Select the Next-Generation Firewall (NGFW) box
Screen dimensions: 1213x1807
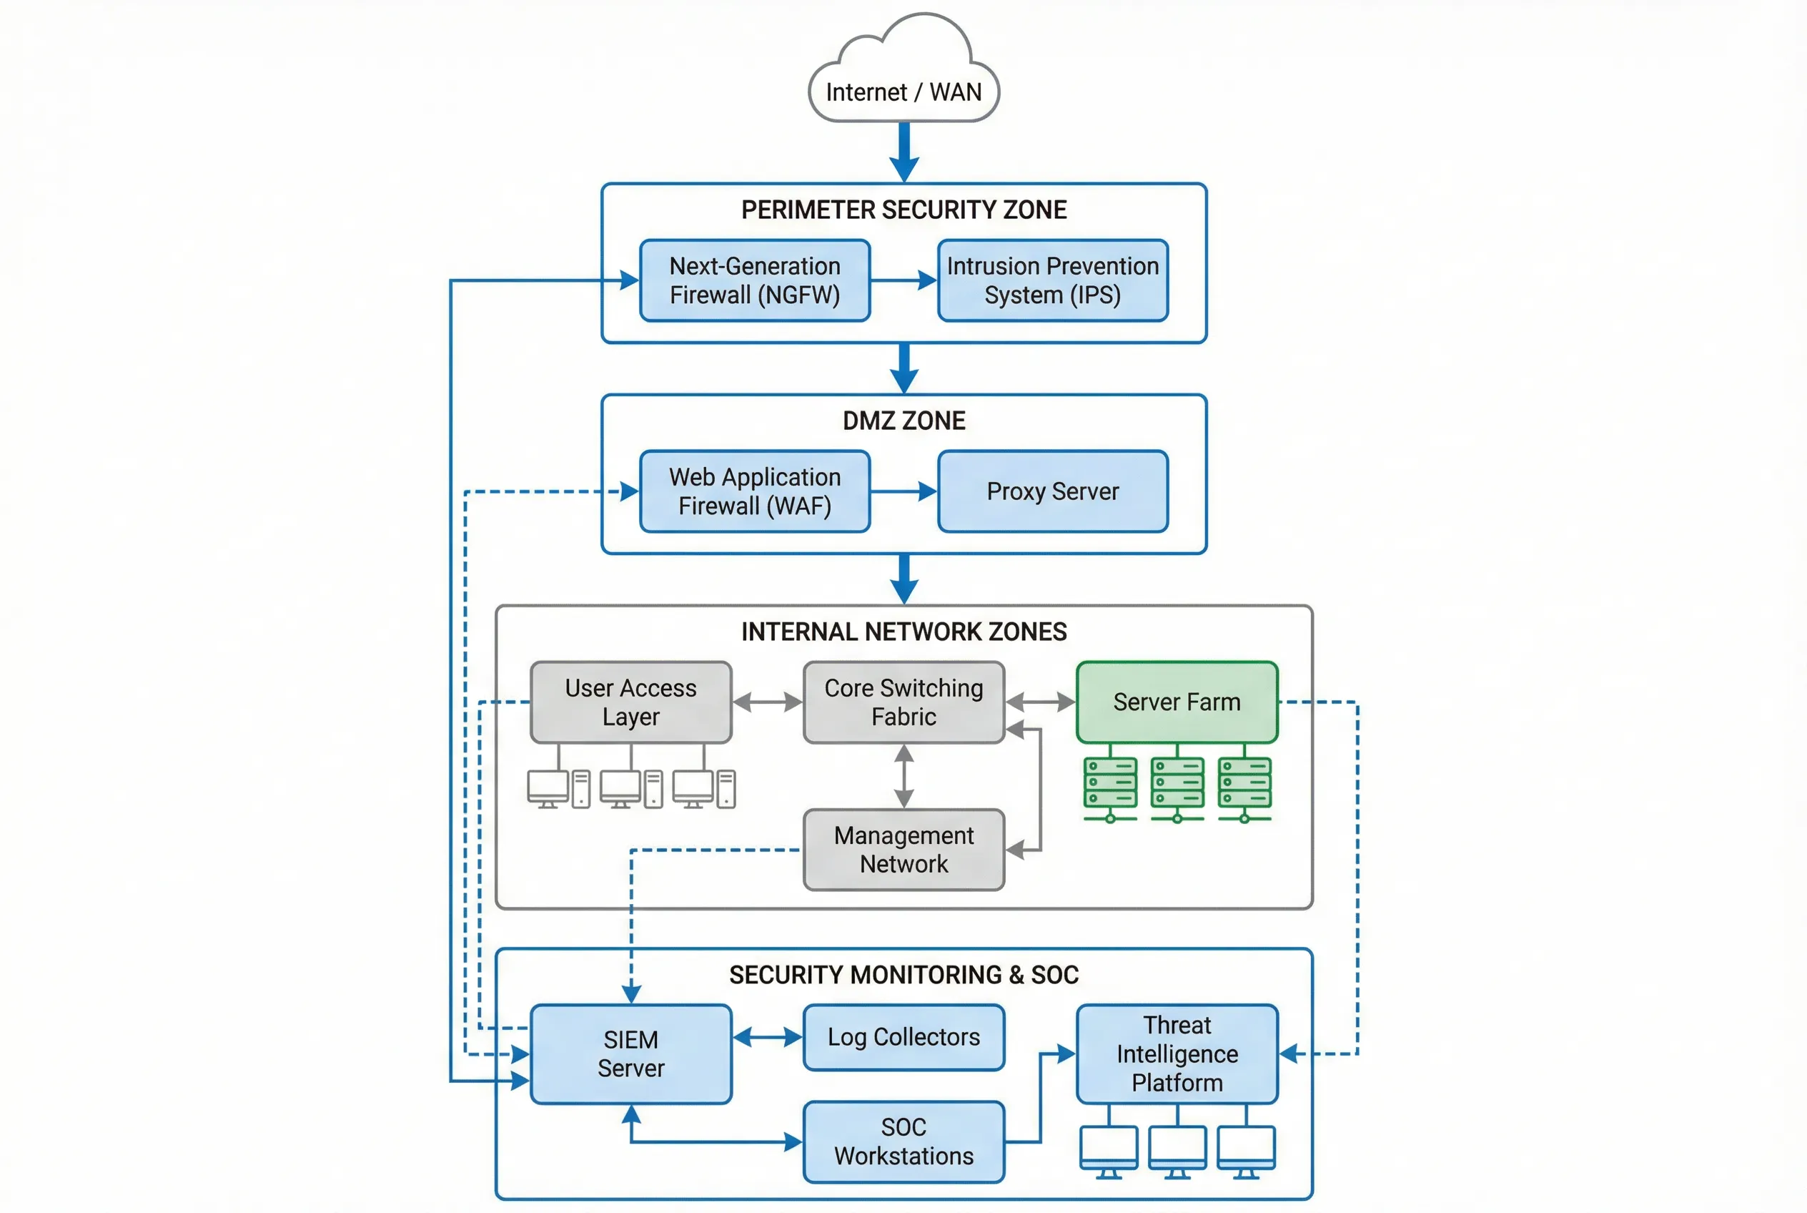click(x=755, y=280)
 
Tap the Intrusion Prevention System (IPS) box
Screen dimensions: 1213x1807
click(x=1052, y=280)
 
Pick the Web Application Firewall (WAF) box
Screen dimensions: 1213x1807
click(x=755, y=491)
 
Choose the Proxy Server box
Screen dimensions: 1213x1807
click(x=1052, y=491)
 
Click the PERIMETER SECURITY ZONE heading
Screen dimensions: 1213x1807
click(x=903, y=210)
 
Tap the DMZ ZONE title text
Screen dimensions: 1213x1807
click(x=903, y=421)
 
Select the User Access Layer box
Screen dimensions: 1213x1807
click(x=631, y=702)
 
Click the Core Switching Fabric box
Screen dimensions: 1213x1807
click(x=903, y=702)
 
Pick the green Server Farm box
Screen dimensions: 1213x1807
click(x=1176, y=702)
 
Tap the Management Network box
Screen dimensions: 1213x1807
click(x=903, y=850)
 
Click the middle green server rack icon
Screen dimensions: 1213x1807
click(x=1177, y=783)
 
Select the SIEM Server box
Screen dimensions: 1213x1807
click(x=631, y=1054)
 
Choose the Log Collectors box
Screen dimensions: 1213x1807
click(x=903, y=1037)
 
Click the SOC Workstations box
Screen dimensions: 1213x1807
click(x=903, y=1141)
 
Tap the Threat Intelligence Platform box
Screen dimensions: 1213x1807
click(x=1176, y=1054)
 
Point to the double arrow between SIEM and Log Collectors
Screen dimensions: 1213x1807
click(x=767, y=1037)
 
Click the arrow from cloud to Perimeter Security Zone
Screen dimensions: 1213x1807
click(x=903, y=151)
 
